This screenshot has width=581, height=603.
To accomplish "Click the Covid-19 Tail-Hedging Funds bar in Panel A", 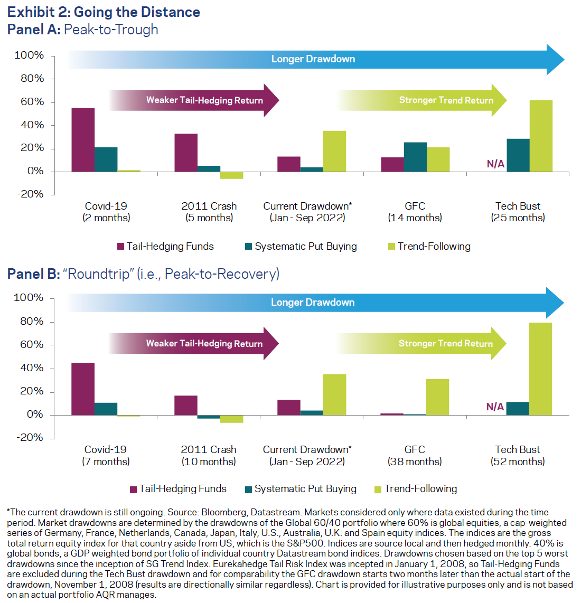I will (83, 140).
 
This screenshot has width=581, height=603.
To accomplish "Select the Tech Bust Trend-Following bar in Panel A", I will (541, 136).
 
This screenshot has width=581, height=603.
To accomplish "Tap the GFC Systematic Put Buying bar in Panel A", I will (415, 157).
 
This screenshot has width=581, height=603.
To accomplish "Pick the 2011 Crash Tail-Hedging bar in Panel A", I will (186, 153).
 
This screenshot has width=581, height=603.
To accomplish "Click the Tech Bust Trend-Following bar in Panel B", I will (540, 369).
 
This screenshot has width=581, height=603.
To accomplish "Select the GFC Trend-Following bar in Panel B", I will (437, 397).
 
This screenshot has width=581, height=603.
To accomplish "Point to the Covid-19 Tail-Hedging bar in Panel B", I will (83, 389).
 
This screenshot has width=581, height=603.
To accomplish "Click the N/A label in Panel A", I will (495, 164).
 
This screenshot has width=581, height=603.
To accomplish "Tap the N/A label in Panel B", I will (495, 407).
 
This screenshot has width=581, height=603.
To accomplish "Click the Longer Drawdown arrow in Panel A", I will (313, 59).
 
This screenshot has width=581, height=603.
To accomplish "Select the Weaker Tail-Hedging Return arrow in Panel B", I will (204, 344).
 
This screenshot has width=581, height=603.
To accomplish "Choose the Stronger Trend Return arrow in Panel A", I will (446, 100).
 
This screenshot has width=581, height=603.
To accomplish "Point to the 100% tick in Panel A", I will (29, 55).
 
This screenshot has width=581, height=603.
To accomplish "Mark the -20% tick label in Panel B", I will (30, 438).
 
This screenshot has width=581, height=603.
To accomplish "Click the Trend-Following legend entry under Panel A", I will (428, 247).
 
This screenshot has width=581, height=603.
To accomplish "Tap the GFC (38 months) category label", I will (415, 456).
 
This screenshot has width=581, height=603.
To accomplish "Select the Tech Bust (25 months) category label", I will (518, 212).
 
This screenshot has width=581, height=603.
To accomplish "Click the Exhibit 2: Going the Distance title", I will (104, 12).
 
